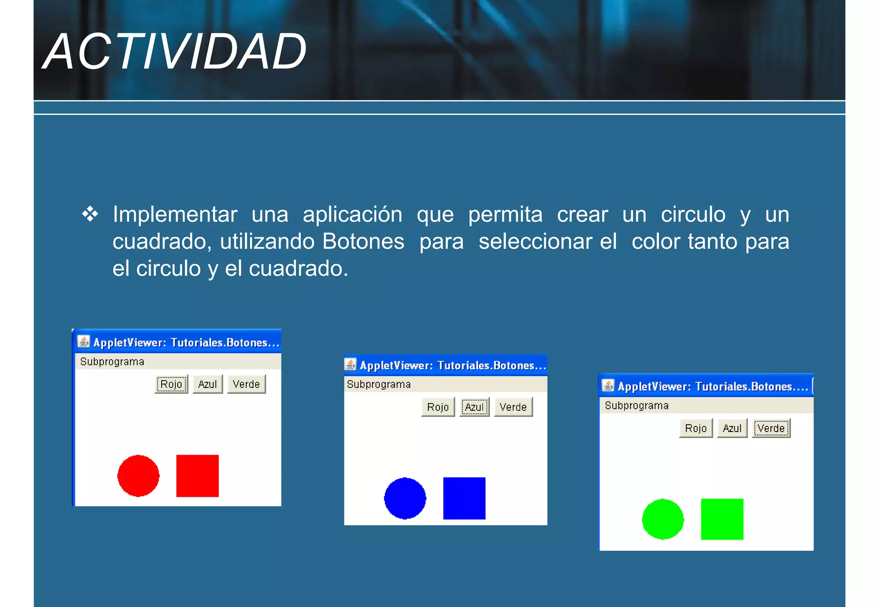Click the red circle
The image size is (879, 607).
(x=138, y=475)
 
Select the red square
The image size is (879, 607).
(x=197, y=476)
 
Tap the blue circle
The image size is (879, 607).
(x=405, y=498)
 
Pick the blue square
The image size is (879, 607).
(x=464, y=498)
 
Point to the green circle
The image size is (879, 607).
(x=663, y=519)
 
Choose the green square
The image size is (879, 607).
(x=722, y=519)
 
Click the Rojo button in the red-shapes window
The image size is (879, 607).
(x=171, y=384)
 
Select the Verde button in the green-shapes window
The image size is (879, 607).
(x=771, y=428)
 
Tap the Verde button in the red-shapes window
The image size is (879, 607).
(x=246, y=384)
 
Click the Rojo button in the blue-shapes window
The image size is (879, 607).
(x=438, y=407)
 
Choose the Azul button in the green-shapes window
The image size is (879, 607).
(x=732, y=428)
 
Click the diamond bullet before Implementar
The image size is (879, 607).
(x=90, y=214)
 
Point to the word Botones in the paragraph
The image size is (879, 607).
(x=363, y=241)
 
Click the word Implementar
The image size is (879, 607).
(x=175, y=214)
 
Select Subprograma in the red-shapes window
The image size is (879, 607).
(x=112, y=362)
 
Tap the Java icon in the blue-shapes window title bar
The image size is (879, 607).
(x=351, y=365)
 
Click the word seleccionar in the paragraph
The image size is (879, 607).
(x=547, y=241)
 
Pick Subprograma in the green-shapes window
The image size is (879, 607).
(x=637, y=405)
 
